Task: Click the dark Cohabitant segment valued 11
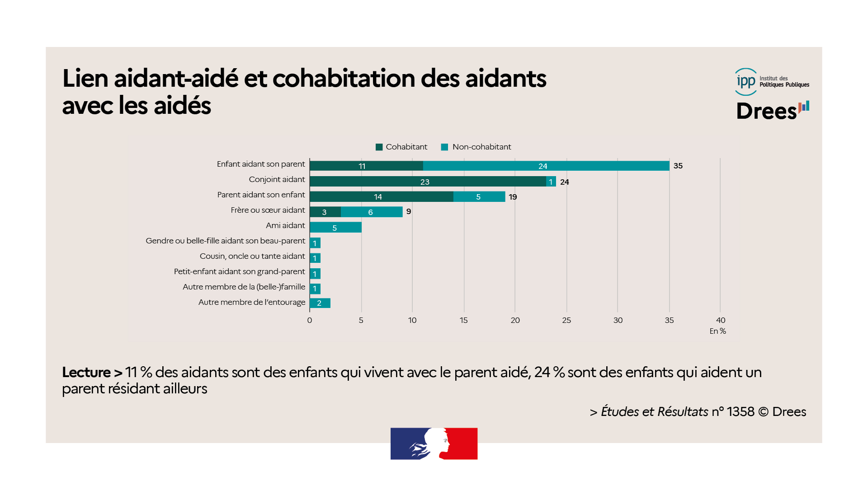coord(366,166)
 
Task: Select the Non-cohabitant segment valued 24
coord(546,166)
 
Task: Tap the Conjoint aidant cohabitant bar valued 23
coord(428,182)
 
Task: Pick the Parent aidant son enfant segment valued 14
coord(381,196)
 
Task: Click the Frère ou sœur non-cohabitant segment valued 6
coord(371,212)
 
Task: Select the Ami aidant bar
coord(335,228)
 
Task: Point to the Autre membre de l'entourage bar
coord(320,303)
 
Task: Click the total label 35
coord(678,166)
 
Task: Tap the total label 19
coord(513,197)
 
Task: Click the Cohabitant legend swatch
coord(379,147)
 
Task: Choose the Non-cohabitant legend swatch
coord(444,147)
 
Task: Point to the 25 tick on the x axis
coord(566,320)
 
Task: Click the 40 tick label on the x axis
coord(721,320)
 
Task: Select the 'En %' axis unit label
coord(717,331)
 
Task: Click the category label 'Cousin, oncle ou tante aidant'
coord(252,256)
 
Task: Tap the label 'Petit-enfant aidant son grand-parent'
coord(239,271)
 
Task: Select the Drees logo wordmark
coord(767,111)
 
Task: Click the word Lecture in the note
coord(86,372)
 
